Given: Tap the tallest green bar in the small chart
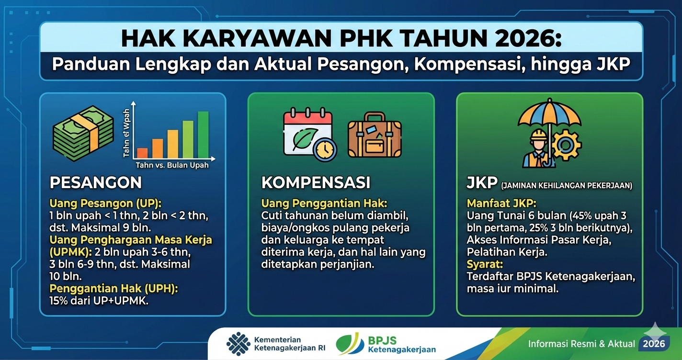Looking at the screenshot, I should pos(203,135).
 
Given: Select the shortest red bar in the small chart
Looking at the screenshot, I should pos(142,153).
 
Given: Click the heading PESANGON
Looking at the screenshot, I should pos(95,182).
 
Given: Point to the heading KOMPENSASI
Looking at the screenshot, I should pos(316,182).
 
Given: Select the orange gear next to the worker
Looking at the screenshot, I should pos(567,144).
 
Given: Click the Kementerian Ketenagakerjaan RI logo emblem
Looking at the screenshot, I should pos(238,344).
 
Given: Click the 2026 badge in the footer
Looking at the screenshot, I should pos(654,343).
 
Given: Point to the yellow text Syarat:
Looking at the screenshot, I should pos(484,264).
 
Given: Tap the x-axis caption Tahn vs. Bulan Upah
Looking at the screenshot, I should pos(172,165).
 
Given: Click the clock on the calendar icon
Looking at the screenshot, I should pos(325,149).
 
